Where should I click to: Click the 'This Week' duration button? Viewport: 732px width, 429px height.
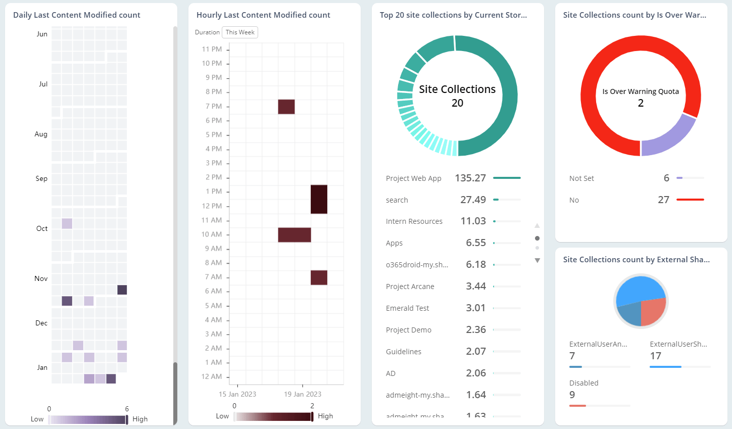click(x=240, y=32)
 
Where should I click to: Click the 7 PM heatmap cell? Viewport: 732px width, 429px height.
click(x=286, y=107)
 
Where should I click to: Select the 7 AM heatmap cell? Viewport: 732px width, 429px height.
click(x=319, y=277)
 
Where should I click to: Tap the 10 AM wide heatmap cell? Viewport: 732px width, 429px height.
click(x=294, y=235)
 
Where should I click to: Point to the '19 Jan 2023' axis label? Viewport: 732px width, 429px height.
click(x=303, y=394)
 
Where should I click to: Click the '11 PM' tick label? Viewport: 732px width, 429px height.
click(x=212, y=49)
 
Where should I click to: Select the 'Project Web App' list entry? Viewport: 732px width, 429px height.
click(x=413, y=178)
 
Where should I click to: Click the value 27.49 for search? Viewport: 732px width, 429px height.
click(x=473, y=200)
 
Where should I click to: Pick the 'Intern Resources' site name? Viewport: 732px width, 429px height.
click(x=414, y=221)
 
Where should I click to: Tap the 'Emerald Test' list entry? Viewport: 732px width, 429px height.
click(x=407, y=308)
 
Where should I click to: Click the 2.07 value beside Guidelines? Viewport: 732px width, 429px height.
click(x=475, y=352)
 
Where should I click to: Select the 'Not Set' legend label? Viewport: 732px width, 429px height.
click(x=581, y=178)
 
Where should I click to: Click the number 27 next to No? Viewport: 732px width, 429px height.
click(x=663, y=200)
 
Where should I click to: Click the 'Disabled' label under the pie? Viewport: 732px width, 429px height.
click(x=583, y=383)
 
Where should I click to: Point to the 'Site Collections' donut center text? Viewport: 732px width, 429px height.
click(x=457, y=89)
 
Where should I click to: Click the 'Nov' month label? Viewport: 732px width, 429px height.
click(x=41, y=278)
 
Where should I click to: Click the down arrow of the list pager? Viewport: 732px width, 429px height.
click(x=537, y=261)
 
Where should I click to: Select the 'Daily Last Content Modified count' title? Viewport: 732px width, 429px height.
click(x=77, y=15)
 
